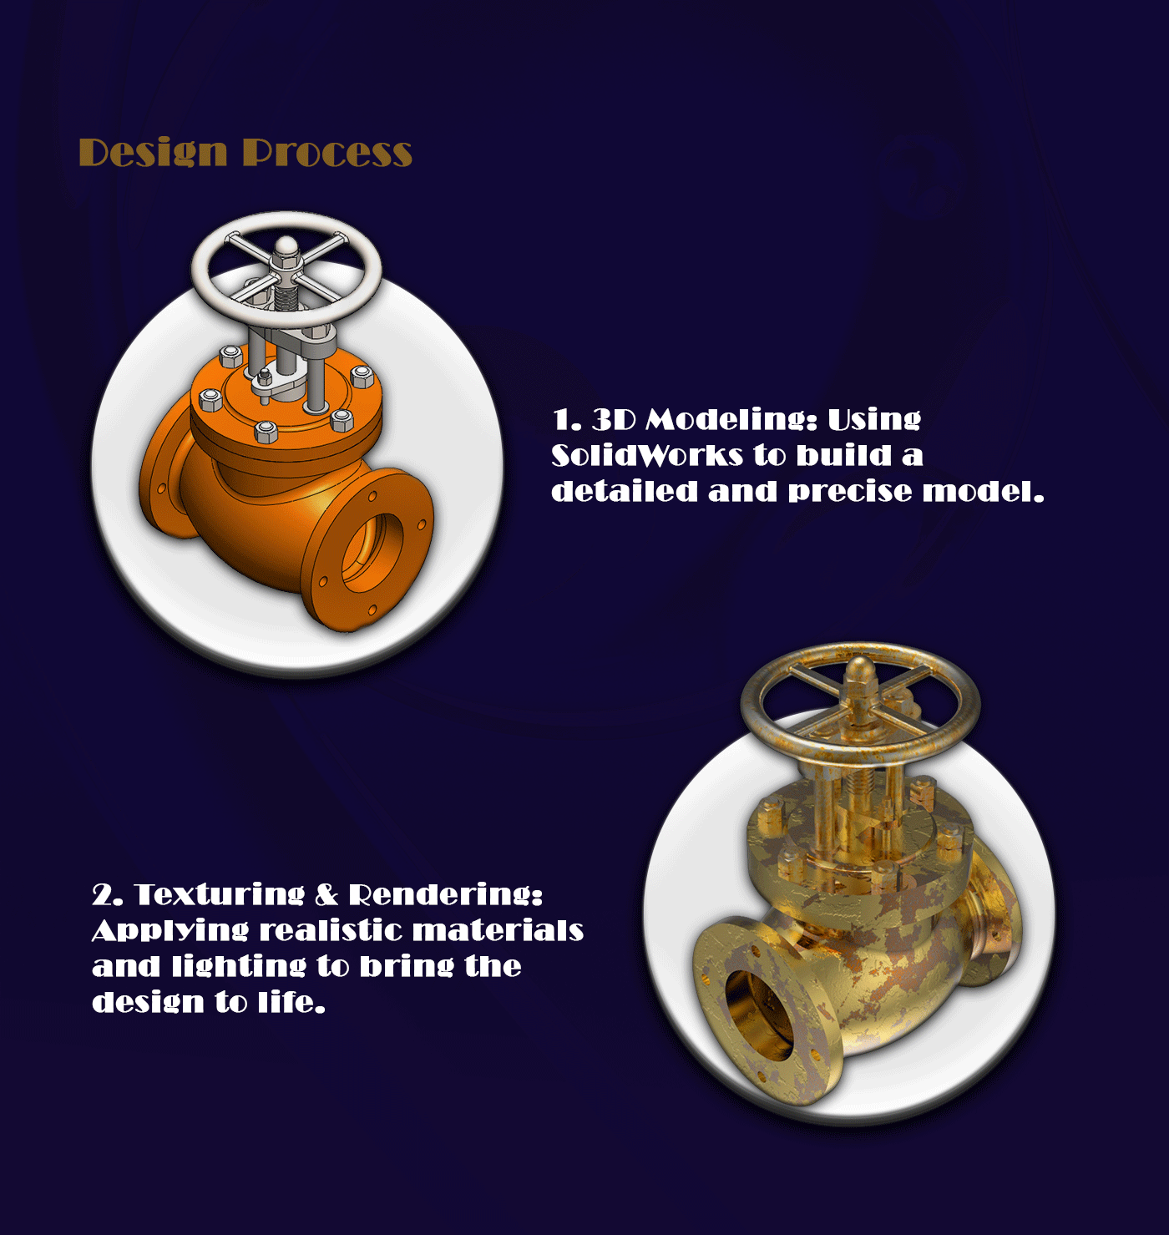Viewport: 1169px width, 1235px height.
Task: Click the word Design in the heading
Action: coord(153,154)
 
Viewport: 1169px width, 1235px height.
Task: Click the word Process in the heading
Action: coord(327,154)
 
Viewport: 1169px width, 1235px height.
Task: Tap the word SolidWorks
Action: coord(647,455)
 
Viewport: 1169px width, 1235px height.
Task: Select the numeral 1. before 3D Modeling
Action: coord(567,420)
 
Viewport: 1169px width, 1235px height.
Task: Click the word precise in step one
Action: coord(850,492)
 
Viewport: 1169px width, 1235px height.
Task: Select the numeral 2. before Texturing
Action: coord(106,894)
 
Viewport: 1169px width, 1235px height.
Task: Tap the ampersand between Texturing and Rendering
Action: coord(326,894)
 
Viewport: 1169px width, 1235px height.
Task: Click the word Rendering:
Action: coord(445,894)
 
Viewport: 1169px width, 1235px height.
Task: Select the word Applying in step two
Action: coord(170,931)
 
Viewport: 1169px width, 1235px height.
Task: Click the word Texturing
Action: coord(219,894)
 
